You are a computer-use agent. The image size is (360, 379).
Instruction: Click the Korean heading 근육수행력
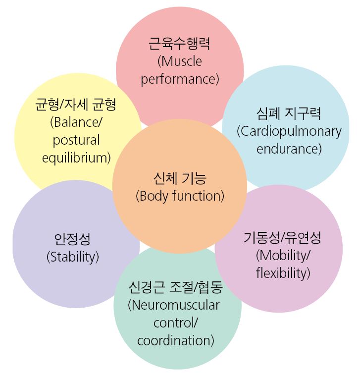[x=179, y=44]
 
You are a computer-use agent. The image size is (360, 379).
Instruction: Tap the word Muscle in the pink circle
[x=181, y=61]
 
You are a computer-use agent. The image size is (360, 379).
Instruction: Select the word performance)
[x=180, y=79]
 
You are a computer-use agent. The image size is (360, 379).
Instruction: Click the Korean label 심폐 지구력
[x=289, y=113]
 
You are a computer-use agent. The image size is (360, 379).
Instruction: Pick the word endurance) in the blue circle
[x=289, y=149]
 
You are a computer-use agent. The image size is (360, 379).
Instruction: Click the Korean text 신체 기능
[x=180, y=178]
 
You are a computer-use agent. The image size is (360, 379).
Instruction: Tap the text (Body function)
[x=180, y=196]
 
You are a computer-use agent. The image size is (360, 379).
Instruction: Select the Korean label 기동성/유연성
[x=282, y=238]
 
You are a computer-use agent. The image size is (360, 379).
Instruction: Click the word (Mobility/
[x=283, y=256]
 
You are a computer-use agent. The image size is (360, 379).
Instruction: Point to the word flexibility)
[x=283, y=273]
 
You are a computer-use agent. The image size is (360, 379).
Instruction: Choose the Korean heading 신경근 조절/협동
[x=176, y=287]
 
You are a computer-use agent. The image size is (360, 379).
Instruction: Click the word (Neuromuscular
[x=174, y=305]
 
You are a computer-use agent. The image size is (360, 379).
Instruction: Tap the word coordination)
[x=176, y=340]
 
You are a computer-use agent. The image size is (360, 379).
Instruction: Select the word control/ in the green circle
[x=176, y=323]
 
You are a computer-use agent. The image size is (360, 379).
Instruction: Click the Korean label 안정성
[x=72, y=239]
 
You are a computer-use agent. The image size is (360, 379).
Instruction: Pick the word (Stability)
[x=73, y=257]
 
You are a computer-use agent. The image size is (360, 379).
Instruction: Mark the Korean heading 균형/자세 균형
[x=76, y=105]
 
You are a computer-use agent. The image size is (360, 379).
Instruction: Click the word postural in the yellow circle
[x=76, y=140]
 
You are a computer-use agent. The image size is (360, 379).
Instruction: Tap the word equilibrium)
[x=76, y=158]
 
